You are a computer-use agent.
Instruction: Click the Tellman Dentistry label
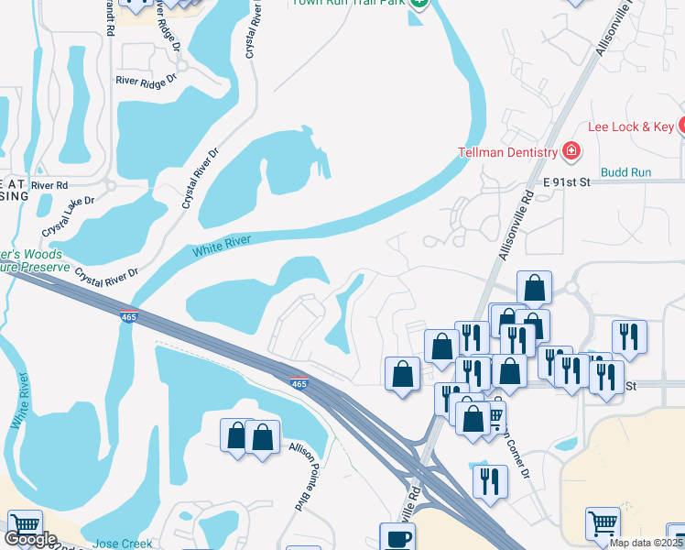[507, 152]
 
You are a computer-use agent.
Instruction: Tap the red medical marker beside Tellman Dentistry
[571, 150]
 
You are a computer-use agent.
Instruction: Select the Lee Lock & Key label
[630, 126]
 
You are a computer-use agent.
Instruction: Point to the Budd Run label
[626, 172]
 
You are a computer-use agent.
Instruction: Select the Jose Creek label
[122, 544]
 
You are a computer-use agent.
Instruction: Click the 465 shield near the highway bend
[299, 383]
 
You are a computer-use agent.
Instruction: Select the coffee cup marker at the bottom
[397, 538]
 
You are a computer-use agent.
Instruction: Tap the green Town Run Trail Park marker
[419, 3]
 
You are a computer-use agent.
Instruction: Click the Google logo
[30, 539]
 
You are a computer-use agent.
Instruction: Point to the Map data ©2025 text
[647, 543]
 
